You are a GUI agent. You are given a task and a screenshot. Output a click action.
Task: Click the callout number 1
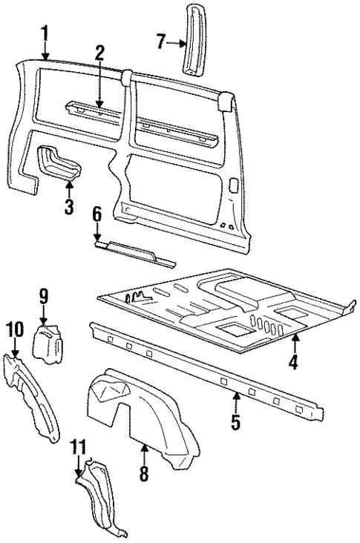pyautogui.click(x=45, y=33)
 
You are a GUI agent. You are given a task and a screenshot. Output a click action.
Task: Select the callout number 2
pyautogui.click(x=99, y=53)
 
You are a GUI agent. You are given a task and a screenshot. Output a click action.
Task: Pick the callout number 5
pyautogui.click(x=235, y=423)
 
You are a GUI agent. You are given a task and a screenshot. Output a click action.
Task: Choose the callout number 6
pyautogui.click(x=96, y=215)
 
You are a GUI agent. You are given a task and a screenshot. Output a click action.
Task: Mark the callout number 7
pyautogui.click(x=160, y=42)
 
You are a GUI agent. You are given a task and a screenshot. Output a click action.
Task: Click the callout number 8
pyautogui.click(x=144, y=473)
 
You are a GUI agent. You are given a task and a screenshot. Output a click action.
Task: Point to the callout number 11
pyautogui.click(x=79, y=447)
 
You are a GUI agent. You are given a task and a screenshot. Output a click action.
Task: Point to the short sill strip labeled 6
pyautogui.click(x=134, y=253)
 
